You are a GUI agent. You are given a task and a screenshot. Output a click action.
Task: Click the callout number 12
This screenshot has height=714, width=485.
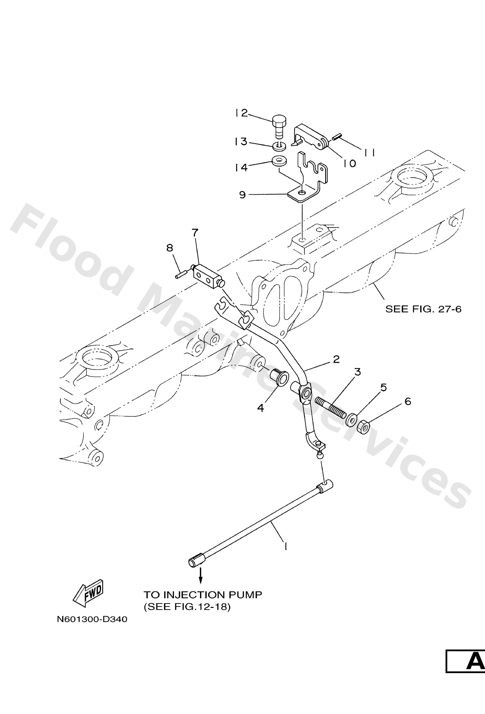pyautogui.click(x=242, y=113)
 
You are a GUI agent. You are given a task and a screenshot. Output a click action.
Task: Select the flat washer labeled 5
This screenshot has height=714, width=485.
pyautogui.click(x=351, y=419)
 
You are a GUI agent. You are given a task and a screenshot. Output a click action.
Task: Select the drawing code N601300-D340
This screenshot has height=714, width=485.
pyautogui.click(x=92, y=619)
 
